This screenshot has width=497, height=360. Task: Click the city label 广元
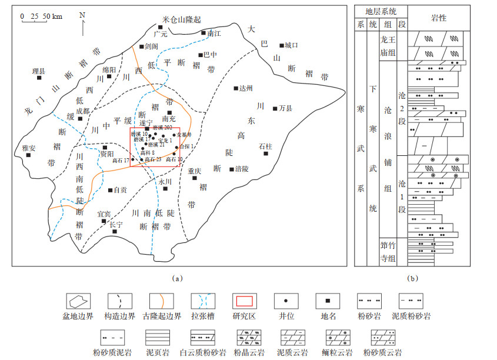[161, 35]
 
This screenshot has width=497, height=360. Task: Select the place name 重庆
[195, 171]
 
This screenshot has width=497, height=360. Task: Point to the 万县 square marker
[275, 108]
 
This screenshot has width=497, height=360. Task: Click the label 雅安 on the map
[29, 148]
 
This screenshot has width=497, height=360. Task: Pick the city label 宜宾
[104, 214]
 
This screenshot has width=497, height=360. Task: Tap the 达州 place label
[246, 88]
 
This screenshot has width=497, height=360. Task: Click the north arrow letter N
[82, 15]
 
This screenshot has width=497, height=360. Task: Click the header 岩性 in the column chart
[438, 18]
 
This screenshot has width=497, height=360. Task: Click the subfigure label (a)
[174, 276]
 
